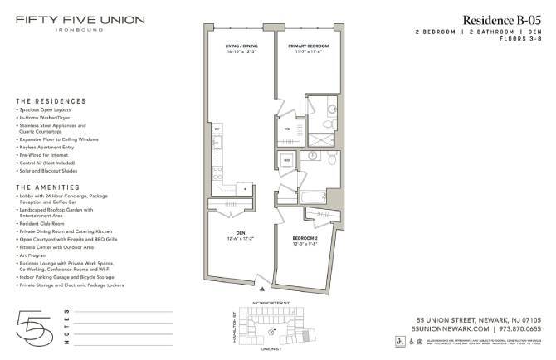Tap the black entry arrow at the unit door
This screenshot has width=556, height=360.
tap(263, 289)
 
